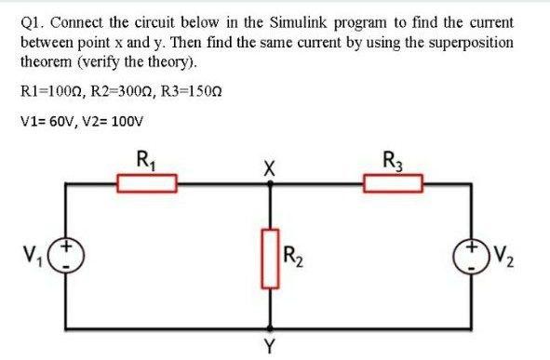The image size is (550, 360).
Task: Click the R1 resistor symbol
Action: (x=146, y=183)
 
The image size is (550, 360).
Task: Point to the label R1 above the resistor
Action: (x=146, y=159)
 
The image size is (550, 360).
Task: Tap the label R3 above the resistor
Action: (x=392, y=159)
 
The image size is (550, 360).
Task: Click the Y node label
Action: (x=271, y=348)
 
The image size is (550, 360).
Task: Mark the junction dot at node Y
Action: (x=271, y=328)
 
